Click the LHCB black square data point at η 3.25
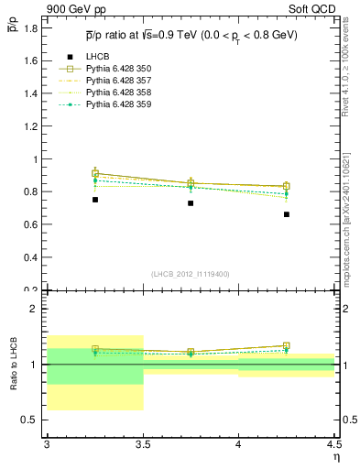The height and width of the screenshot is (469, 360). click(94, 200)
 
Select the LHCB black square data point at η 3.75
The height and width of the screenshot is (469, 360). click(191, 203)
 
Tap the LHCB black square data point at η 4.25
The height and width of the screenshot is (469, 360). click(287, 214)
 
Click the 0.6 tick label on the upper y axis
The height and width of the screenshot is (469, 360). click(32, 224)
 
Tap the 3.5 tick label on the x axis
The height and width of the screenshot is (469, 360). click(143, 444)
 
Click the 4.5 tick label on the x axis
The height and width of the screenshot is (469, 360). click(333, 444)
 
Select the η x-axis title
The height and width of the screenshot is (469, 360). click(336, 457)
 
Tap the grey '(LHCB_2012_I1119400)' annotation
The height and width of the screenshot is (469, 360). click(191, 274)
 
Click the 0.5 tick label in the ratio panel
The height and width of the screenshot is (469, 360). click(32, 420)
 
